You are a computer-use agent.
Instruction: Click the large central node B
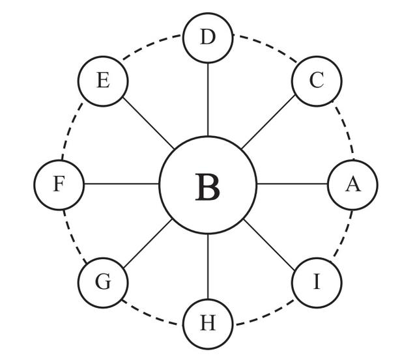click(x=208, y=185)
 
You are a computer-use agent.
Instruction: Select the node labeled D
click(x=208, y=38)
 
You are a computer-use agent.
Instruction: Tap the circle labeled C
click(x=317, y=81)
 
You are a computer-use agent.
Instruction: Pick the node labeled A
click(x=352, y=185)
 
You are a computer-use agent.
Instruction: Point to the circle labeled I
click(x=317, y=283)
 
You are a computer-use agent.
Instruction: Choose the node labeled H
click(x=208, y=324)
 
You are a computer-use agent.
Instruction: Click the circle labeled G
click(x=103, y=283)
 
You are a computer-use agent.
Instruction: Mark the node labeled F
click(x=59, y=185)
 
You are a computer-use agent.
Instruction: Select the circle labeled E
click(x=103, y=81)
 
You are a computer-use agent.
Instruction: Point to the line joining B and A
click(x=292, y=184)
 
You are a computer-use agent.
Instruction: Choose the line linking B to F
click(x=122, y=184)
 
